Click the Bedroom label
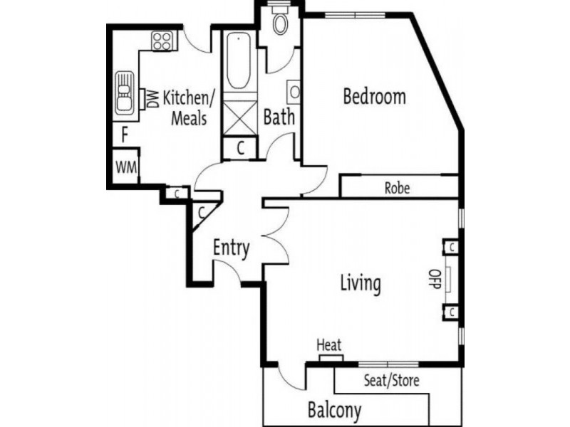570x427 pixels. click(x=374, y=96)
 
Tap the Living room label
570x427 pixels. click(x=360, y=283)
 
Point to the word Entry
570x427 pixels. click(x=232, y=248)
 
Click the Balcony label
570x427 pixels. click(x=334, y=410)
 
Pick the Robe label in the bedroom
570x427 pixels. click(x=396, y=189)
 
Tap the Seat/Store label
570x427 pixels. click(x=391, y=380)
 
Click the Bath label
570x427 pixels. click(x=279, y=117)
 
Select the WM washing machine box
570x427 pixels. click(x=125, y=168)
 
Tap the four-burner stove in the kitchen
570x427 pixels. click(x=162, y=41)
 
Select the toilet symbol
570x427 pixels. click(x=280, y=24)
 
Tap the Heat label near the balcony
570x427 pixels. click(x=329, y=345)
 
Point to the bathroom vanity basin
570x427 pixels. click(x=294, y=92)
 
